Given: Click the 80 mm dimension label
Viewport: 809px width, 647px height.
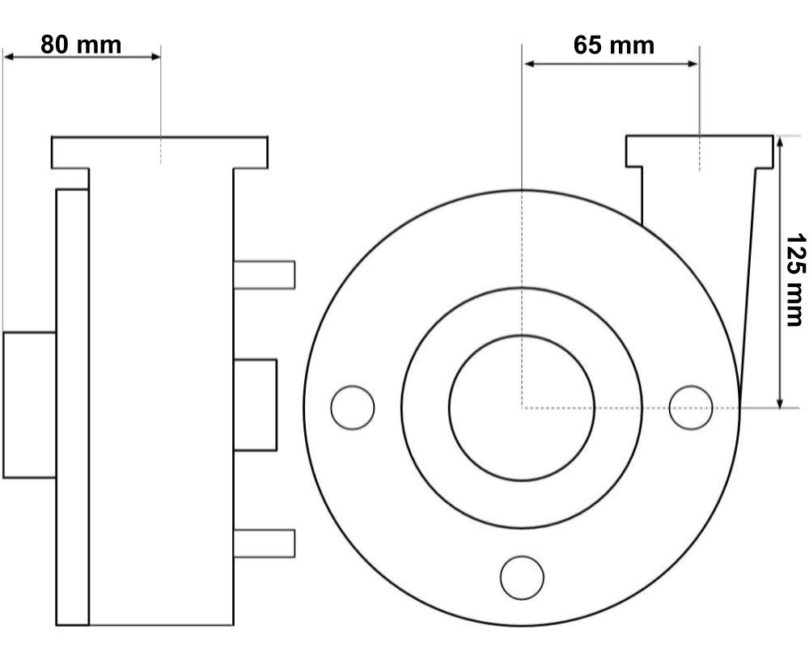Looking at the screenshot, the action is [81, 45].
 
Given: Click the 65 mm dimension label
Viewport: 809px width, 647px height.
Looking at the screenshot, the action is [614, 45].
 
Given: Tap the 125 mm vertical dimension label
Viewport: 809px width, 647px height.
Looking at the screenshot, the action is [795, 279].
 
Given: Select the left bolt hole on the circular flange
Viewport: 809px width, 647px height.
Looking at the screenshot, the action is [353, 408].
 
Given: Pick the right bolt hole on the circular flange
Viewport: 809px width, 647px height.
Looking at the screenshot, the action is [691, 408].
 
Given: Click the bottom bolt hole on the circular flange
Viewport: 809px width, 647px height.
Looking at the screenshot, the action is [522, 577].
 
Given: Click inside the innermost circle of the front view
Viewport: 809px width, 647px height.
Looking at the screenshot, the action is [522, 408].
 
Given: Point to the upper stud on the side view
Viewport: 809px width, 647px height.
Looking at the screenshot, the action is [265, 275].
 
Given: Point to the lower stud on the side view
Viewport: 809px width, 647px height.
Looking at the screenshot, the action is [265, 543].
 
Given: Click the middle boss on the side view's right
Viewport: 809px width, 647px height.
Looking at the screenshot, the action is [255, 405].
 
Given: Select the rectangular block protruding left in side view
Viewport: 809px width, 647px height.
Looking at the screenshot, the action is [29, 405].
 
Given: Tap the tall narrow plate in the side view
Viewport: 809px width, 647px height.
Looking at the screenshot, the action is [72, 407].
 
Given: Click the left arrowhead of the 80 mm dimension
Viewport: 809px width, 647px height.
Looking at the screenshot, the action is [9, 57].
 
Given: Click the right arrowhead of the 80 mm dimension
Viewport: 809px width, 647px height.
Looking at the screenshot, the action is [155, 57].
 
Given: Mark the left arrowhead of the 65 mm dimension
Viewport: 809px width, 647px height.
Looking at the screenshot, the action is [529, 63].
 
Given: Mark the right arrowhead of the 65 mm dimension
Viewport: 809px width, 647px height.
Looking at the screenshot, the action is [693, 63].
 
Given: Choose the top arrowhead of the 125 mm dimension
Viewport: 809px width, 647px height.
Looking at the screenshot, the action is [780, 142].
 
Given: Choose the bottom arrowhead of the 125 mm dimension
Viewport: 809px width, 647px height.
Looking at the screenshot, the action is [780, 402].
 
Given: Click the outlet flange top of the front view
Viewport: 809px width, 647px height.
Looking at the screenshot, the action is [700, 152].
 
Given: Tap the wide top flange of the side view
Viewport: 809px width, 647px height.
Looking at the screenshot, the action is [159, 153].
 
